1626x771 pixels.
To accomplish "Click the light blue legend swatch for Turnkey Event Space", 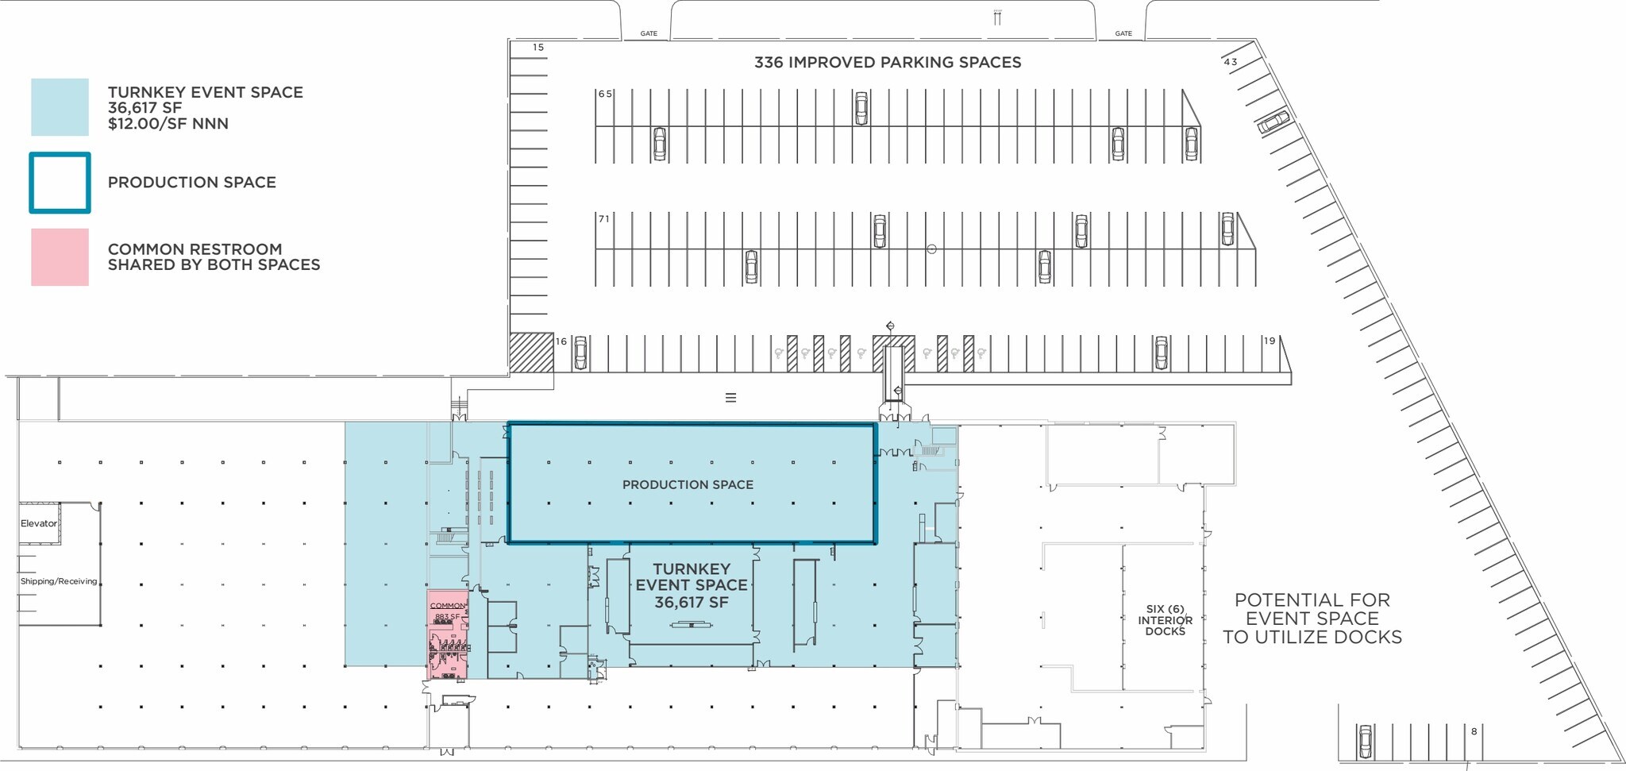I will coord(60,107).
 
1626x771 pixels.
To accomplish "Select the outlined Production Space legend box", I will coord(60,183).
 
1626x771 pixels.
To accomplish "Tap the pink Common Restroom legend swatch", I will coord(60,257).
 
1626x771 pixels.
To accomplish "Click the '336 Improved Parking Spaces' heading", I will coord(888,63).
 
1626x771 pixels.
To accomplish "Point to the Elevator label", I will coord(39,523).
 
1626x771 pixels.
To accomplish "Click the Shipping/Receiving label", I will coord(59,581).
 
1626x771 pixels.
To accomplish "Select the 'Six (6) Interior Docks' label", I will coord(1165,620).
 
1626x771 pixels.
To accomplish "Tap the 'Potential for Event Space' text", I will coord(1312,619).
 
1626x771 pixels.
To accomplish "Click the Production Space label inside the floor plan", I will coord(688,484).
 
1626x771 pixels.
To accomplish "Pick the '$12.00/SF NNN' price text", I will coord(168,124).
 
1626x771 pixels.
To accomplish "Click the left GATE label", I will coord(649,33).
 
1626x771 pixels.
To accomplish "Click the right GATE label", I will coord(1123,33).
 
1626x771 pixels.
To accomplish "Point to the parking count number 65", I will coord(605,94).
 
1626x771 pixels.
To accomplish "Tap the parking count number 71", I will coord(604,219).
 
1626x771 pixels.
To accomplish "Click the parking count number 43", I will coord(1231,62).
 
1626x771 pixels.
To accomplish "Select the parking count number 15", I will coord(538,48).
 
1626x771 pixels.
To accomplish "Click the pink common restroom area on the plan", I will coord(447,635).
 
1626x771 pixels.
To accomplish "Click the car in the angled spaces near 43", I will coord(1273,122).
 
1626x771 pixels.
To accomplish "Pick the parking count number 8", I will coord(1474,731).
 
